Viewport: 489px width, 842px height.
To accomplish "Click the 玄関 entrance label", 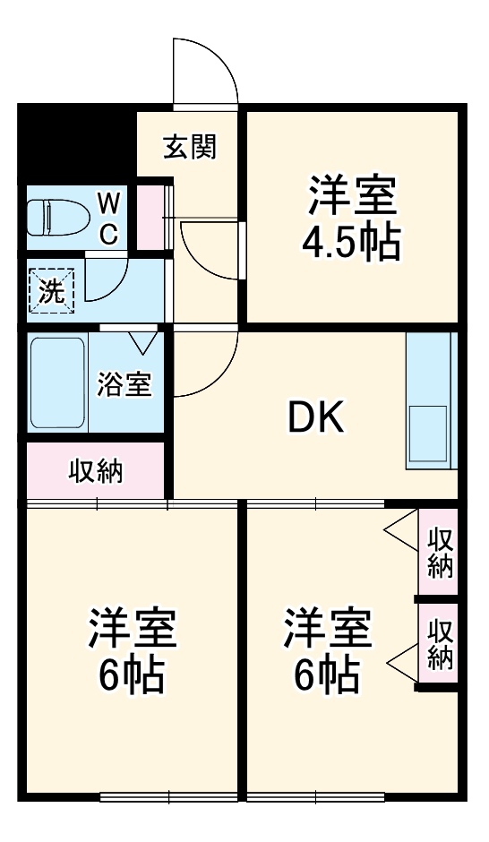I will click(190, 146).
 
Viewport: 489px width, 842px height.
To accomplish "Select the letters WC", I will click(107, 217).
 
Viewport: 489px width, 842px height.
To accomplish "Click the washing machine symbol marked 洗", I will click(52, 291).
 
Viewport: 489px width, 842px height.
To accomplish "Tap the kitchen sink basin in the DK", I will click(427, 434).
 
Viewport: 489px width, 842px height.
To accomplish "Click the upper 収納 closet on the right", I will click(440, 552).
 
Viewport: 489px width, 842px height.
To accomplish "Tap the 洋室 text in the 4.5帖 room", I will click(353, 196).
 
